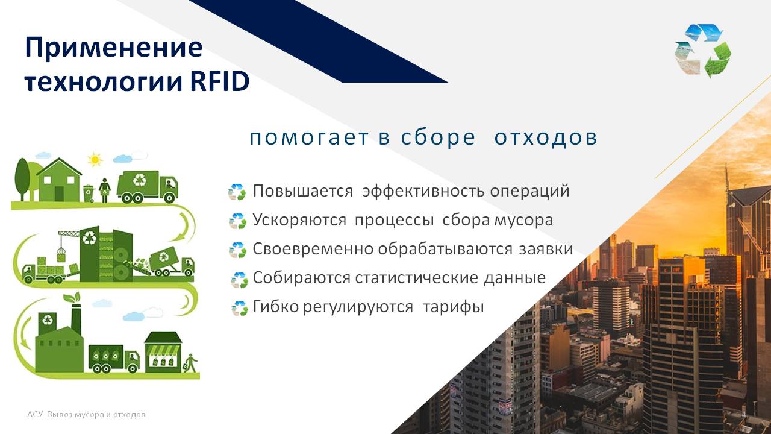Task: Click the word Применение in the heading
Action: [114, 48]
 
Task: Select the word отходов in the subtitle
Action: [546, 137]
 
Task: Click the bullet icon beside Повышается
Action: [237, 192]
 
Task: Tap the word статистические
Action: [416, 278]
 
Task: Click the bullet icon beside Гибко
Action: [240, 308]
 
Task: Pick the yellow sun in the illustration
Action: [95, 160]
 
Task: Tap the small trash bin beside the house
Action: [89, 193]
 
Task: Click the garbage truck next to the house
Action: [148, 187]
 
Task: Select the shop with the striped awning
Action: [163, 353]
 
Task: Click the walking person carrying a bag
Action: [191, 363]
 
